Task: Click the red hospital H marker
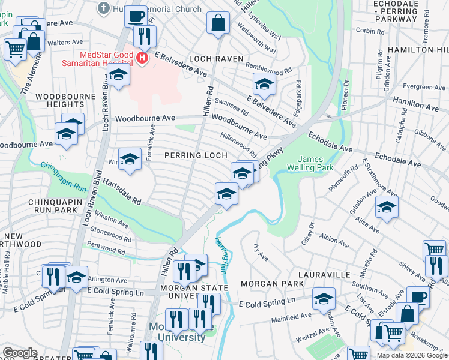(x=142, y=58)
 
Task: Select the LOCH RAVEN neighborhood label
(x=216, y=59)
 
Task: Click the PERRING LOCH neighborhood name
(x=196, y=155)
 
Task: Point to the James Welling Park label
(x=310, y=163)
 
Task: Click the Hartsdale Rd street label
(x=121, y=191)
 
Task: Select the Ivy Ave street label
(x=261, y=247)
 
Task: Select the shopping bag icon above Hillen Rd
(x=218, y=23)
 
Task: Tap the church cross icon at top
(x=103, y=8)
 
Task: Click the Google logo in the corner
(x=19, y=353)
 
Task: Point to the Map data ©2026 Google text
(x=412, y=355)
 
